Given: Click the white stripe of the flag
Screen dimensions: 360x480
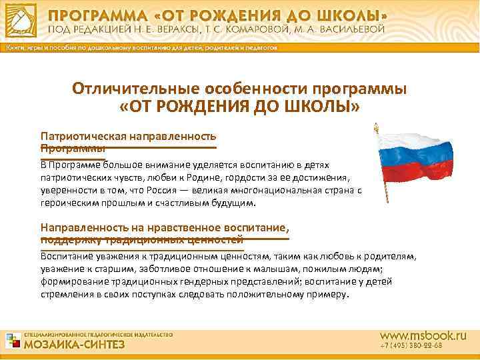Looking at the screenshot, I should [x=414, y=135].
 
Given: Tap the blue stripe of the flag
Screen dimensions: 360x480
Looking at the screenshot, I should [x=415, y=152].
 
